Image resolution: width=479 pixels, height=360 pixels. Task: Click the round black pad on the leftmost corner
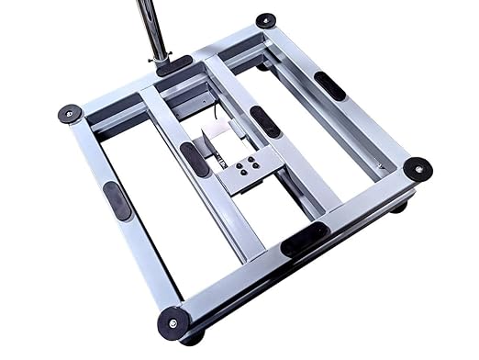[70, 114]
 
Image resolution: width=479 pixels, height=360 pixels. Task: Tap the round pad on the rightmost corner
[418, 168]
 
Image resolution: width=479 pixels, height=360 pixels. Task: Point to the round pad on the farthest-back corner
[265, 20]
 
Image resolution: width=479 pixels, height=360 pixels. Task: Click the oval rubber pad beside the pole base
[174, 64]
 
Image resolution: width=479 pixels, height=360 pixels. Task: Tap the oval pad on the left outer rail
[117, 200]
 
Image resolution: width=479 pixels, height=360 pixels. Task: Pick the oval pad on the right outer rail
[329, 85]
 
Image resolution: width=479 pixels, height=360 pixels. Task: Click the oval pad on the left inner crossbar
[195, 159]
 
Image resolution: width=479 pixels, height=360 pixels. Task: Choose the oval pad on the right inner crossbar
[266, 121]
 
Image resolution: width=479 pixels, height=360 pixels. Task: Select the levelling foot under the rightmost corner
[400, 207]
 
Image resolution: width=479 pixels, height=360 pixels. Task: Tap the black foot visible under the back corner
[264, 65]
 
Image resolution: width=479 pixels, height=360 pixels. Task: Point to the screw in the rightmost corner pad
[418, 168]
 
